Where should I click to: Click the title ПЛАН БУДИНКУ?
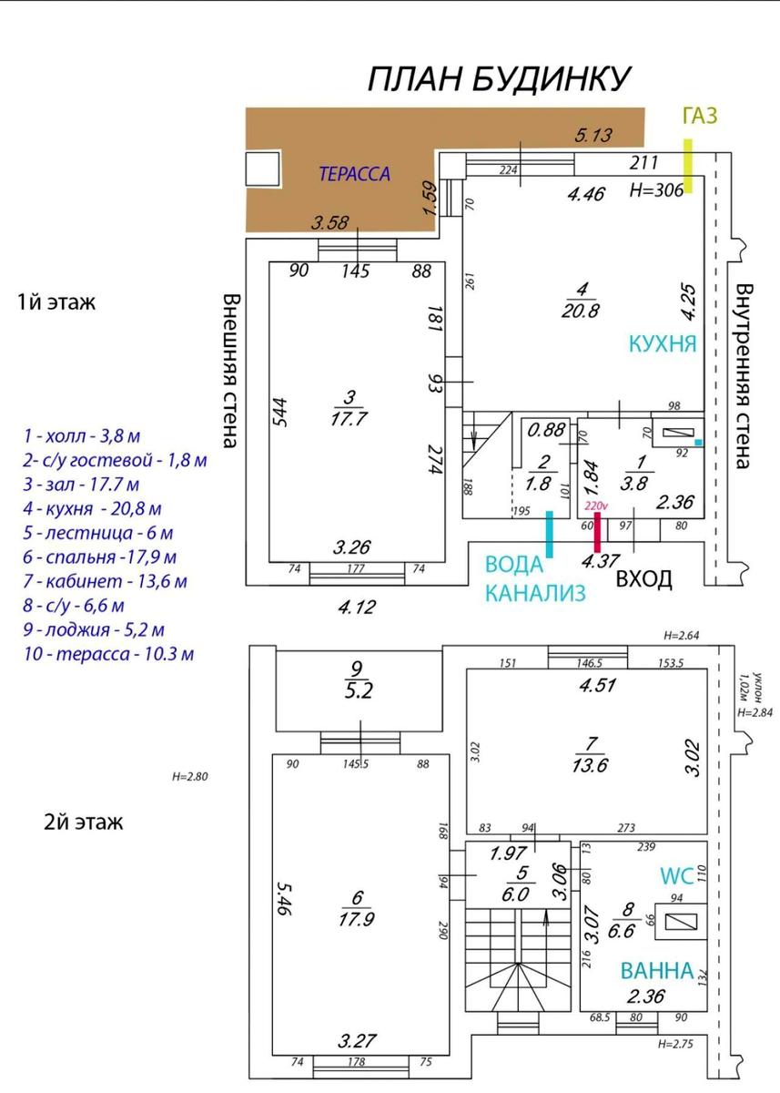tap(499, 78)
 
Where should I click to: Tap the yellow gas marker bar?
tap(688, 166)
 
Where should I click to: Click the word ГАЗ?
tap(700, 117)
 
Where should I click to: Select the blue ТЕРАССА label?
tap(354, 174)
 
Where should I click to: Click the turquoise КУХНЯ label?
tap(663, 343)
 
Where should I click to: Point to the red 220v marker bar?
tap(597, 532)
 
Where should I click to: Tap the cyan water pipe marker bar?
tap(550, 535)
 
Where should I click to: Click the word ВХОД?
tap(644, 579)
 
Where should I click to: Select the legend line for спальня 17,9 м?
tap(99, 557)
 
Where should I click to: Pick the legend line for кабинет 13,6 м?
tap(105, 582)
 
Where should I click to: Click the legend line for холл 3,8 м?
tap(82, 435)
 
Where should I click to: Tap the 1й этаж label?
tap(56, 302)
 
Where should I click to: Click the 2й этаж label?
tap(84, 822)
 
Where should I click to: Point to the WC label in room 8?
tap(676, 876)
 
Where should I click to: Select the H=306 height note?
tap(656, 189)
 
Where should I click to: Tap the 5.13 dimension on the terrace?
tap(593, 135)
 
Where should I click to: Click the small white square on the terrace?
tap(262, 169)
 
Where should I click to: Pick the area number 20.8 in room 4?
tap(580, 311)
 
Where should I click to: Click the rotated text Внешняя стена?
tap(230, 371)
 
